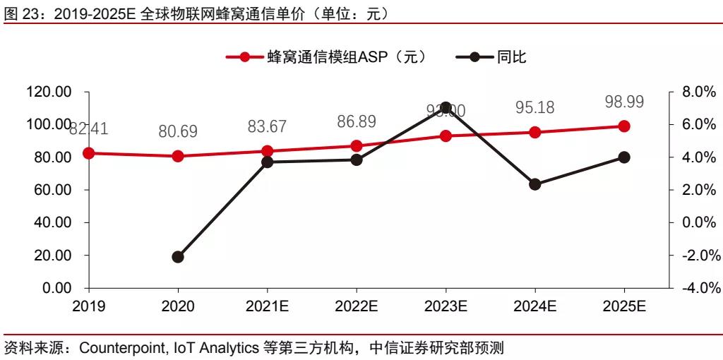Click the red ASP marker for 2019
(x=88, y=153)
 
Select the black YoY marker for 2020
(x=178, y=257)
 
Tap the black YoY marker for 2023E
(x=446, y=107)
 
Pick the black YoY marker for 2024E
(x=534, y=184)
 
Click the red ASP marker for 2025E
(x=624, y=126)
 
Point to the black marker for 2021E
(x=267, y=162)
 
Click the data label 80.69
(x=178, y=131)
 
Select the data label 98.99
(x=624, y=102)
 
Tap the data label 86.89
(x=357, y=121)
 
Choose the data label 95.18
(x=534, y=108)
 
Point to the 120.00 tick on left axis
(x=49, y=92)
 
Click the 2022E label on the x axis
(x=357, y=306)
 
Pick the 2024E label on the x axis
(x=534, y=306)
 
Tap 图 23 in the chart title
(x=18, y=13)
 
